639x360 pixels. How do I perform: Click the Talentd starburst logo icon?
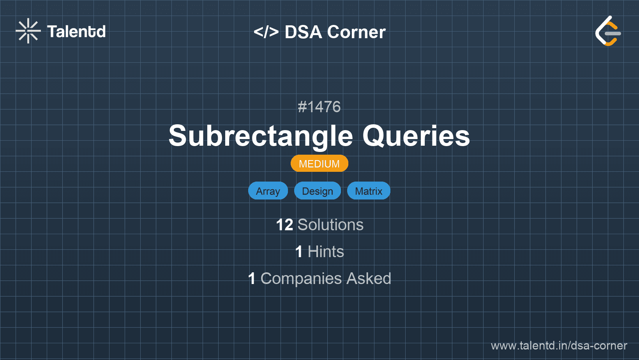click(x=28, y=31)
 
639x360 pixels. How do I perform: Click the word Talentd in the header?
click(x=76, y=32)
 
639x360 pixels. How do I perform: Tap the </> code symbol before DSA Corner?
click(x=266, y=32)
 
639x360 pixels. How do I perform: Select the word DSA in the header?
click(x=303, y=32)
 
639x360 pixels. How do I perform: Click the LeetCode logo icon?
click(x=607, y=31)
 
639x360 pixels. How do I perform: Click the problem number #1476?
click(x=319, y=107)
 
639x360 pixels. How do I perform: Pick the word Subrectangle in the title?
click(x=261, y=136)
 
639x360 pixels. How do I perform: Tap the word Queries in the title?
click(x=416, y=136)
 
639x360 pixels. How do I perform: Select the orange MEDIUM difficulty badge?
click(x=319, y=164)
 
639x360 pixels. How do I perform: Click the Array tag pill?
click(x=268, y=191)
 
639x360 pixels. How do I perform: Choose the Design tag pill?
click(x=318, y=191)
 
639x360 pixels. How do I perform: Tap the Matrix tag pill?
click(x=369, y=191)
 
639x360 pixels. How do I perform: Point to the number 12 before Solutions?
click(x=284, y=225)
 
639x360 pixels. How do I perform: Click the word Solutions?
click(x=331, y=225)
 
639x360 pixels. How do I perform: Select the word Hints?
click(x=326, y=252)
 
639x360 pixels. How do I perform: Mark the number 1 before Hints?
click(x=299, y=252)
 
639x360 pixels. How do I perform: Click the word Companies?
click(x=301, y=279)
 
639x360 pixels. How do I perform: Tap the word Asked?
click(x=369, y=279)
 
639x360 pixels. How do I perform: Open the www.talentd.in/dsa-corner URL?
click(x=559, y=346)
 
